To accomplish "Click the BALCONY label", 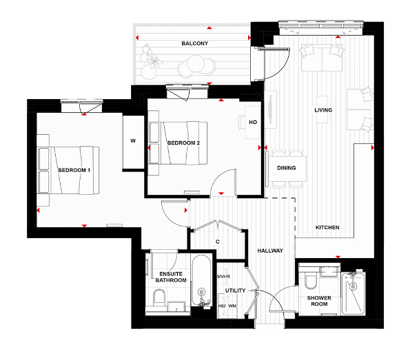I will [x=195, y=43].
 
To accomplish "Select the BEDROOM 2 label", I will [x=183, y=143].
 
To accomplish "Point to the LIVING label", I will [x=324, y=110].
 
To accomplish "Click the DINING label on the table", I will [x=286, y=168].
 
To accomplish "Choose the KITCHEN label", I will [x=327, y=227].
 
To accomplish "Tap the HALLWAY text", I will [x=269, y=251].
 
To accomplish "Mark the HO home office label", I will [x=252, y=123].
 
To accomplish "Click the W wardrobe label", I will [x=132, y=142].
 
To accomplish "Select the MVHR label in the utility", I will [x=223, y=277].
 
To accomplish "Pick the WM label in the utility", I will [x=232, y=306].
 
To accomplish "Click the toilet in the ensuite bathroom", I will [x=160, y=299].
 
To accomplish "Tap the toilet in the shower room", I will [x=311, y=279].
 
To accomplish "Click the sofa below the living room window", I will [x=322, y=58].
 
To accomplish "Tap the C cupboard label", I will [x=217, y=242].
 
